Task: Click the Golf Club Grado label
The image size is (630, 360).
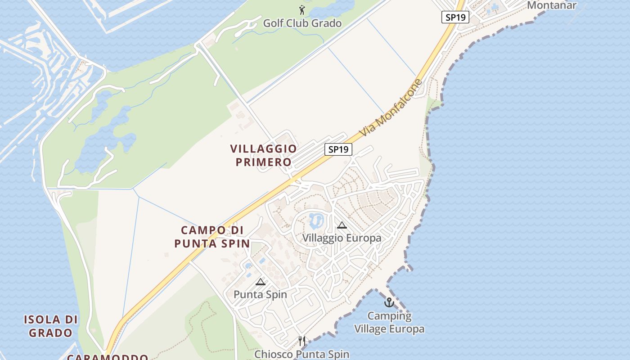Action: (302, 23)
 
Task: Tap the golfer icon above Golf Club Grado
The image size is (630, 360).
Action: (302, 10)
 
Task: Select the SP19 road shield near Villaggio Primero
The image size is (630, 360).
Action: (338, 149)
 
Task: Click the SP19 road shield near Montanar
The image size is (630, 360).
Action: (455, 18)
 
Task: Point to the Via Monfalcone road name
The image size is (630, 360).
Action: (391, 108)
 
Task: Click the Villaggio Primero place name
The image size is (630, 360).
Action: (264, 155)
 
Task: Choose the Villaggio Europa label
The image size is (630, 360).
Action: (342, 238)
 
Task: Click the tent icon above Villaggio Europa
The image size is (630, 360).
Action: (342, 225)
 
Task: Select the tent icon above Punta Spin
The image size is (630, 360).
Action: (260, 282)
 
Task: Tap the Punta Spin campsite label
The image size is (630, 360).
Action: (260, 294)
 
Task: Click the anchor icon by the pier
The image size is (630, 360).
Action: (389, 302)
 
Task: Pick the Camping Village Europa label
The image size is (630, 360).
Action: (389, 322)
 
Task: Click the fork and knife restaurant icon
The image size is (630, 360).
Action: (302, 341)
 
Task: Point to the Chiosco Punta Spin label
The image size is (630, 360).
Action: (302, 354)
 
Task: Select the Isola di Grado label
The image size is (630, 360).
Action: (50, 326)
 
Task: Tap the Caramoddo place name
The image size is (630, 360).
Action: (108, 357)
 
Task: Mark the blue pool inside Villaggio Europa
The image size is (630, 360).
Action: (316, 220)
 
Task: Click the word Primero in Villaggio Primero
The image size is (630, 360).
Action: (264, 162)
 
